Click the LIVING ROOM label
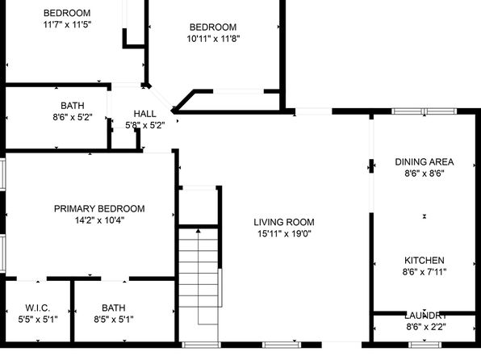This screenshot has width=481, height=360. click(284, 222)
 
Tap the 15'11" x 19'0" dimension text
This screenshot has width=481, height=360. click(284, 234)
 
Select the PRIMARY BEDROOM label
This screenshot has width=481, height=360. click(99, 209)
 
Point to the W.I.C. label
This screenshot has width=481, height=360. click(38, 308)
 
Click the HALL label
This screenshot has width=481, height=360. click(144, 114)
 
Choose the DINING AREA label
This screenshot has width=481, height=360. click(425, 161)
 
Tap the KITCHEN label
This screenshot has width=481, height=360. click(425, 260)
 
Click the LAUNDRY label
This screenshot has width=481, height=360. click(425, 316)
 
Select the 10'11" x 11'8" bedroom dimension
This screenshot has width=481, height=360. click(213, 39)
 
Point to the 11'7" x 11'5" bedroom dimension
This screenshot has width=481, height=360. click(67, 24)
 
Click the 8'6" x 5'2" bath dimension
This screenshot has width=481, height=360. click(73, 117)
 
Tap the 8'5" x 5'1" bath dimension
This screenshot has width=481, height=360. click(114, 320)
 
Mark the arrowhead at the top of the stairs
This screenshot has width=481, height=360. click(199, 230)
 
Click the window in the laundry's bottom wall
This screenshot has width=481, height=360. click(425, 345)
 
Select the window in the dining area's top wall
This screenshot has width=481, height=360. click(425, 111)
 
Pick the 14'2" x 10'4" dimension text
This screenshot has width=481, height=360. click(99, 220)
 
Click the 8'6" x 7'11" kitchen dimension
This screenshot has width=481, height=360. click(425, 272)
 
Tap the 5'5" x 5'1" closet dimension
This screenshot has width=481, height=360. click(38, 320)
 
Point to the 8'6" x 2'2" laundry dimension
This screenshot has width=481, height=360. click(426, 327)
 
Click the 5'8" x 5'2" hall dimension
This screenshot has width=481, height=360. click(145, 126)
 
